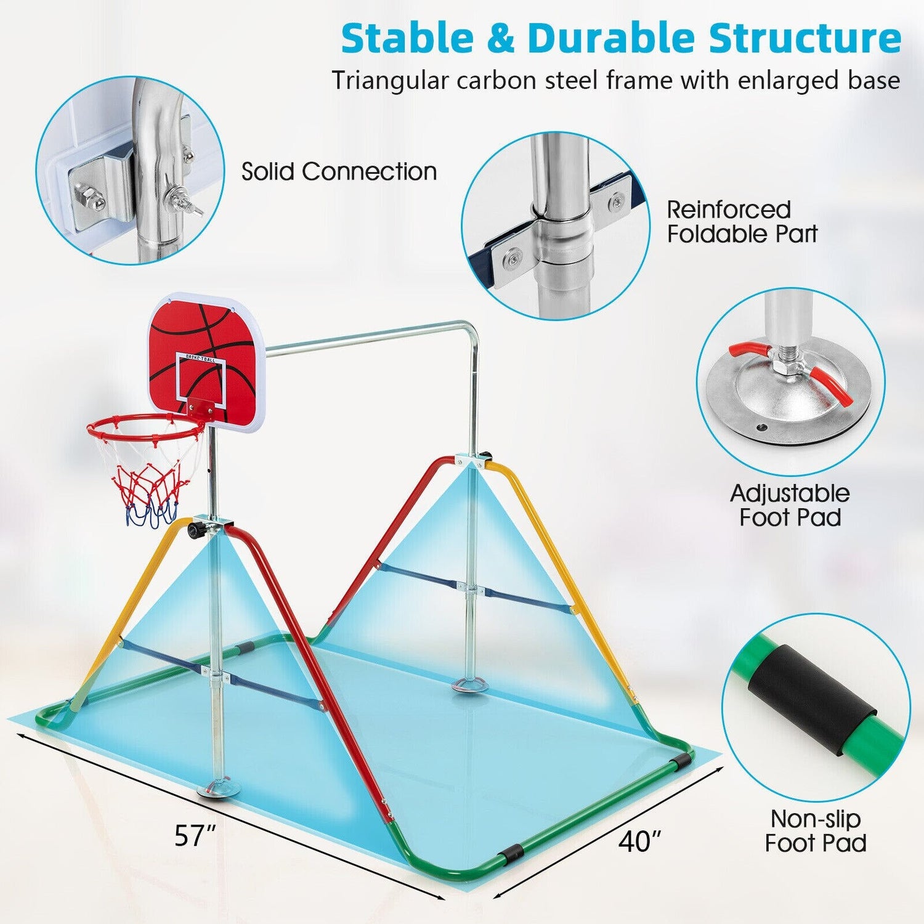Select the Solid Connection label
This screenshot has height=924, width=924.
(x=339, y=171)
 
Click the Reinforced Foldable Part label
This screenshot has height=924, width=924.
(x=742, y=222)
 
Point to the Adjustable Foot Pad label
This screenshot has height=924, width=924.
(x=790, y=505)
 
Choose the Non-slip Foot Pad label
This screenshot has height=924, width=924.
(x=816, y=831)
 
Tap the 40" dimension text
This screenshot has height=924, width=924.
(x=641, y=841)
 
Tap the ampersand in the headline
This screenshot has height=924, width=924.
(x=501, y=39)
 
